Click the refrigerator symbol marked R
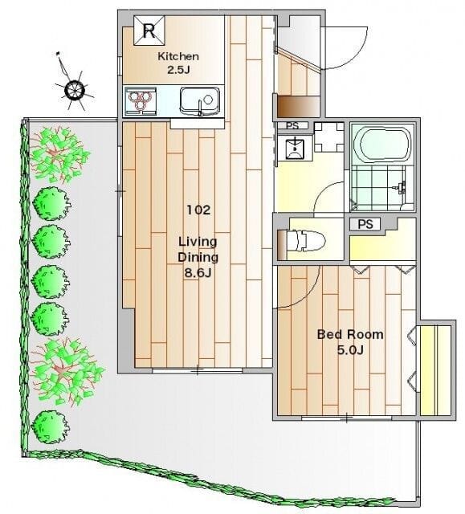tap(149, 32)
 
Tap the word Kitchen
tap(177, 56)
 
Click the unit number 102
tap(198, 210)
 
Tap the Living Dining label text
tap(198, 249)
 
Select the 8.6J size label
tap(198, 272)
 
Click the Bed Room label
tap(350, 334)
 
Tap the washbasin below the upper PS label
tap(296, 147)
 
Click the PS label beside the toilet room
tap(365, 224)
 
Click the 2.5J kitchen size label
tap(177, 70)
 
